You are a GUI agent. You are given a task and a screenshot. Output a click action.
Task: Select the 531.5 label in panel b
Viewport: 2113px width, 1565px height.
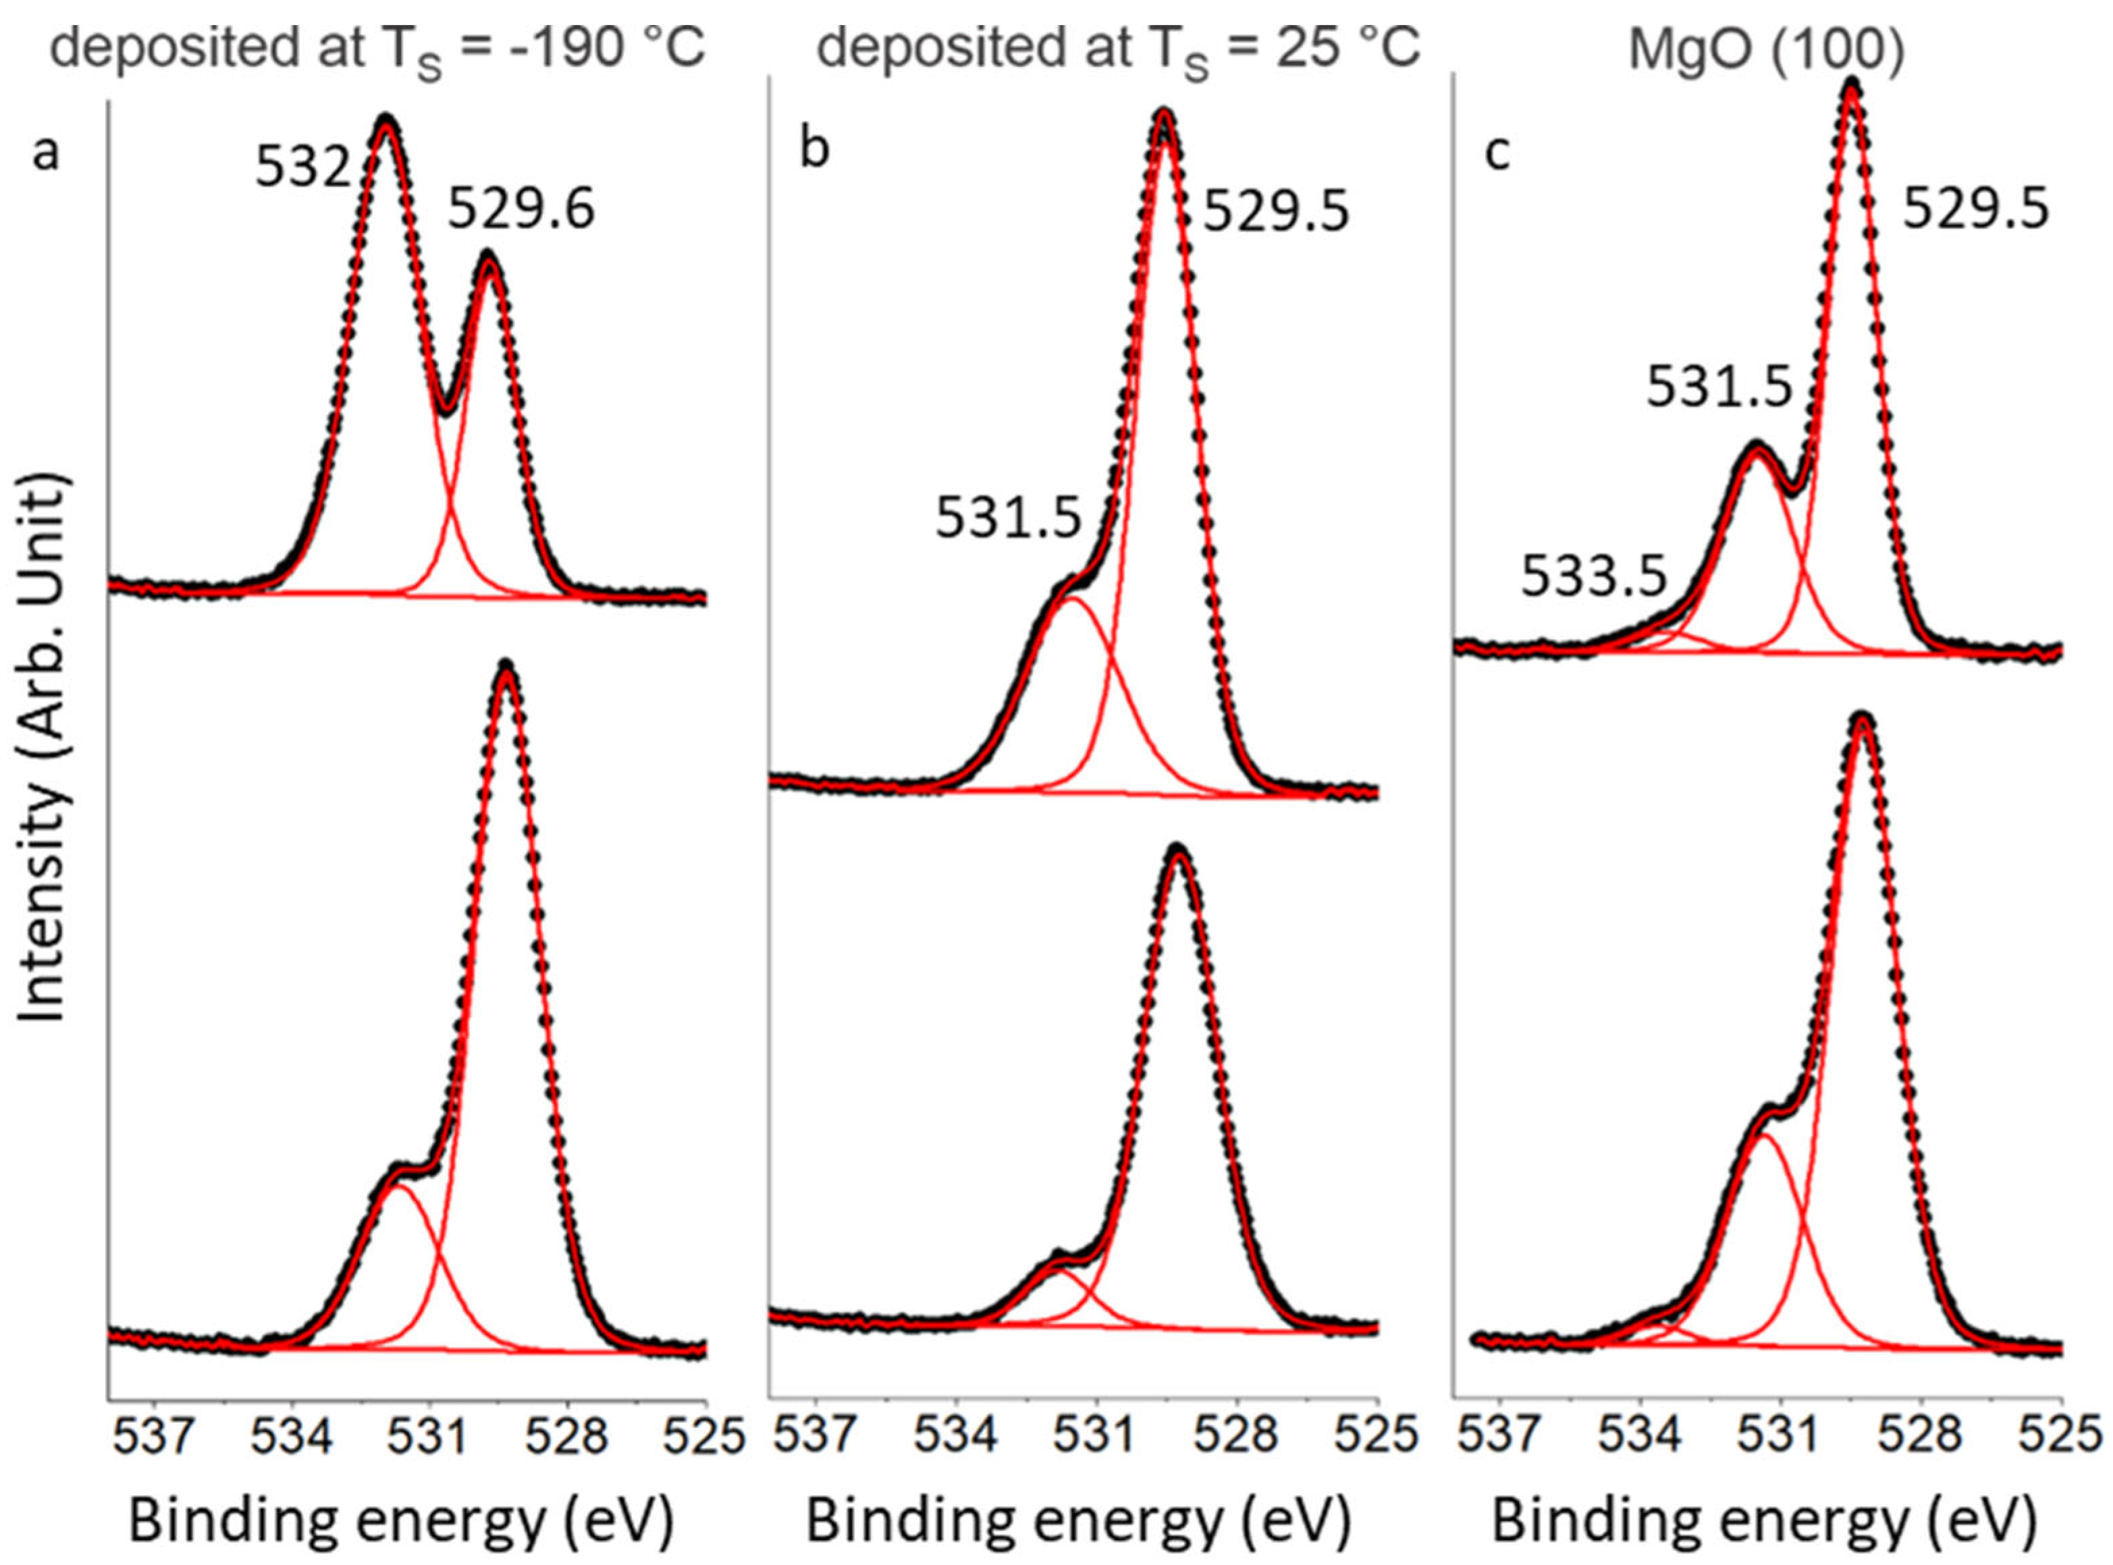tap(1008, 519)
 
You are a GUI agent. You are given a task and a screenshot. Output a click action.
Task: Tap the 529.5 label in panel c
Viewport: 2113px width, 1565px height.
tap(1977, 209)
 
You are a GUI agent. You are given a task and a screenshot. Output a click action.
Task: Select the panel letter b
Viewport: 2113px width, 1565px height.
tap(814, 152)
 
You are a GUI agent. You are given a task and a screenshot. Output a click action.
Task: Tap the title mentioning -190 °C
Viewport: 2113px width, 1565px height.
tap(377, 49)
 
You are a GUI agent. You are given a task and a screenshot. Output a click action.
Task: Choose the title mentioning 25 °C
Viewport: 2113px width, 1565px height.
tap(1118, 49)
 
